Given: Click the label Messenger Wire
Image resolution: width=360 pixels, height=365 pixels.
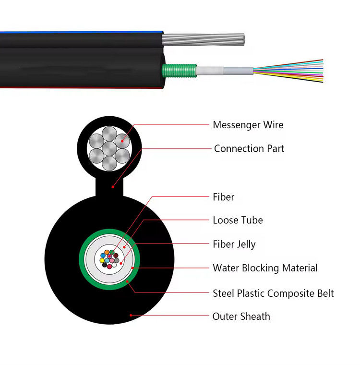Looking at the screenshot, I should coord(248,125).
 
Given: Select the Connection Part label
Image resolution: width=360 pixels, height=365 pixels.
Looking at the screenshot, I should coord(249,148).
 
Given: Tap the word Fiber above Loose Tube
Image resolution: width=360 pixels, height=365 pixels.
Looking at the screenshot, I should coord(223,197).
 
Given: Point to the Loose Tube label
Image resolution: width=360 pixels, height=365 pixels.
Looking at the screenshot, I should coord(238,220).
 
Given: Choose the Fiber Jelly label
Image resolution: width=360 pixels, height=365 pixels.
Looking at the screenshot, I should coord(234,244).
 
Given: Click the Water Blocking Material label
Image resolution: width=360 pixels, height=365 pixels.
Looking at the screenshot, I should coord(265,268).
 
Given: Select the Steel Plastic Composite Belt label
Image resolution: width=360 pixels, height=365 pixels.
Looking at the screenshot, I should coord(273,293).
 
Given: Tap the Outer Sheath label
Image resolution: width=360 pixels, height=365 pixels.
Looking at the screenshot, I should coord(241,316).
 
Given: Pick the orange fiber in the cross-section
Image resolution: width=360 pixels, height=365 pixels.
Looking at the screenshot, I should coord(107,252).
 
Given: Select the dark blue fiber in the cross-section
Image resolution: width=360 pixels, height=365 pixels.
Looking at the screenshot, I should coord(103,255).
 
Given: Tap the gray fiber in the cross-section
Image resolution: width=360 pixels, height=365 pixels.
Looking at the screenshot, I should coord(116,261).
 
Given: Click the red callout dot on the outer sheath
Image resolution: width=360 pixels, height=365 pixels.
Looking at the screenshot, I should coord(131,316).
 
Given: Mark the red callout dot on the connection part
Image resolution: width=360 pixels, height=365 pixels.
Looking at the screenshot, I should coord(112,186).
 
